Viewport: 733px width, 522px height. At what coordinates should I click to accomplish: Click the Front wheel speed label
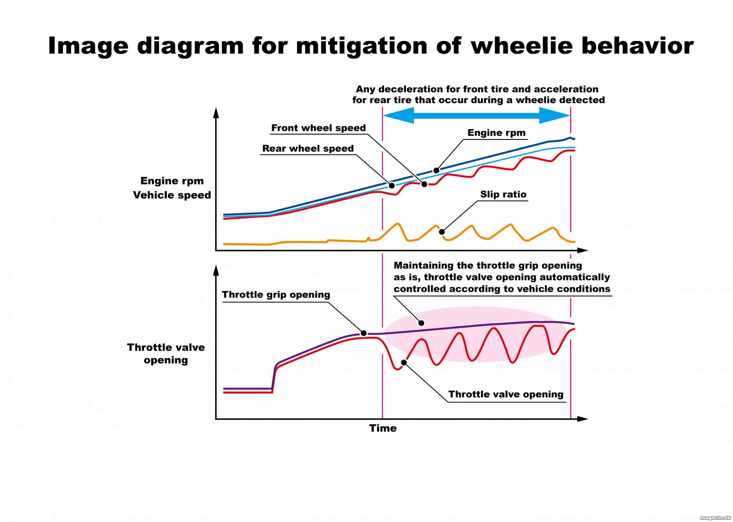coord(319,128)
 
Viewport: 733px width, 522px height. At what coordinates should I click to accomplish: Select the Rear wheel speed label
coord(308,148)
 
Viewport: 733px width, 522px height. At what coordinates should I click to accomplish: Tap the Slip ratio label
coord(503,194)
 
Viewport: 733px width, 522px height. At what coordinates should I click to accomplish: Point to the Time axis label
coord(383,428)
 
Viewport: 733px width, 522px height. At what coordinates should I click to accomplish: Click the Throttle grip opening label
coord(276,295)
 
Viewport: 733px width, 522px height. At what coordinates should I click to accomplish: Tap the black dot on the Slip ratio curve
coord(442,232)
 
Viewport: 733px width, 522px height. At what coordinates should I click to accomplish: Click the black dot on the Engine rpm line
coord(436,170)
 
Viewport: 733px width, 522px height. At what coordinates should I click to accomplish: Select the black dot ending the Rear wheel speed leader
coord(392,186)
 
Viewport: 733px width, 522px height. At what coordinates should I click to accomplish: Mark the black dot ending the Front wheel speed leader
coord(424,184)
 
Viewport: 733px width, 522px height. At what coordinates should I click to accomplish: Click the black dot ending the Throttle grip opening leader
coord(364,333)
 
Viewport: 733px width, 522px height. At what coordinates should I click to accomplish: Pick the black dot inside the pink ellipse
coord(421,323)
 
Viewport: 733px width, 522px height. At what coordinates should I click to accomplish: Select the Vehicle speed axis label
coord(172,195)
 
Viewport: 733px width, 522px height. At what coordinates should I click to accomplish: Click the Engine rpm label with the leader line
coord(496,133)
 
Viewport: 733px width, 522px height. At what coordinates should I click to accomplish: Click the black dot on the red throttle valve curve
coord(404,363)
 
